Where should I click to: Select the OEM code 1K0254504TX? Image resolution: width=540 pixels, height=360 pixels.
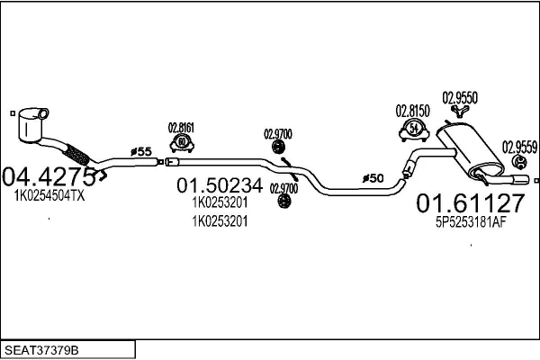tap(49, 194)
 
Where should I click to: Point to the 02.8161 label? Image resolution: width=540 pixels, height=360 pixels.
tap(183, 127)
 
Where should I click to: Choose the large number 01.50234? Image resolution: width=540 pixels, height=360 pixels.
tap(219, 186)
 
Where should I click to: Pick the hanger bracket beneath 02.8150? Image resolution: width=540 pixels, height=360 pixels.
tap(411, 131)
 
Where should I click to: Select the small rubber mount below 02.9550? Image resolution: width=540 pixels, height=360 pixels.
tap(460, 111)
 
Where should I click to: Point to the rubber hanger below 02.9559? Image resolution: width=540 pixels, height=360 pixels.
tap(519, 161)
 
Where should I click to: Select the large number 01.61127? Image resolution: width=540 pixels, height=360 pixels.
tap(468, 204)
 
